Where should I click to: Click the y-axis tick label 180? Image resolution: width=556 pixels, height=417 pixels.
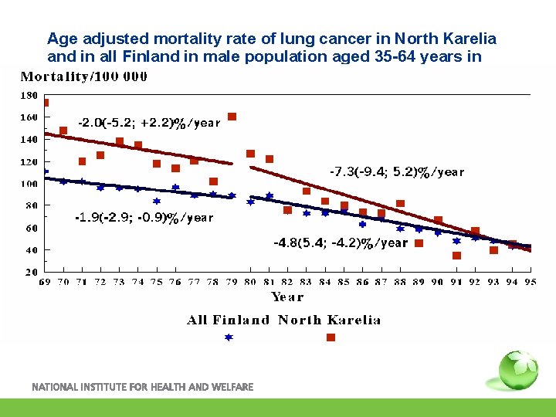pos(28,95)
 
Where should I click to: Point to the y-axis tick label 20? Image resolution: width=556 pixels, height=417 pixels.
pos(31,272)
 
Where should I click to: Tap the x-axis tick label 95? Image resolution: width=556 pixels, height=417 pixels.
pos(530,282)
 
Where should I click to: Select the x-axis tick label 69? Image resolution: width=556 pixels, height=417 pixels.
pos(46,282)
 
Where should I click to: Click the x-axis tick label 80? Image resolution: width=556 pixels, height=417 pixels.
pos(251,282)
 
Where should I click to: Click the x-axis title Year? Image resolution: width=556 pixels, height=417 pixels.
pos(287,297)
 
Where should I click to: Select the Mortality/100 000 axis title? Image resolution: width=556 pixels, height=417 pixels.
pos(83,76)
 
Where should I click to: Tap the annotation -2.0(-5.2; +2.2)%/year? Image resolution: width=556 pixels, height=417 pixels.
pos(149,123)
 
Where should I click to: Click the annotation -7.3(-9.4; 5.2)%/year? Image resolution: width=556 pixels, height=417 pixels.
pos(396,171)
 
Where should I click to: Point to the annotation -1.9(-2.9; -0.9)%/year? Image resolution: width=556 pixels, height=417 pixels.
pos(144,218)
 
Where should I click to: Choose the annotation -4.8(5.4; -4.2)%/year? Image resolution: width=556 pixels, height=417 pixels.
pos(341,242)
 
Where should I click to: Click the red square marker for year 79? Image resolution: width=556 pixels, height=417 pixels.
pos(232,117)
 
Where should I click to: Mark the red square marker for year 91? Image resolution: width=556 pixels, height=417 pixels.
pos(456,255)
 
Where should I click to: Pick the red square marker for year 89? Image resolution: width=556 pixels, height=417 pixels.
pos(419,242)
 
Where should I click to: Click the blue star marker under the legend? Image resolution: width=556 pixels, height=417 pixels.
pos(229,337)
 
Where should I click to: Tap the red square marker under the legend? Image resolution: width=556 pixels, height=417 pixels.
pos(331,337)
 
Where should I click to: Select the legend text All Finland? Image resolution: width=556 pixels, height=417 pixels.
pos(228,320)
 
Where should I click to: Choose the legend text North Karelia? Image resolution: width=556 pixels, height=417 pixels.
pos(329,320)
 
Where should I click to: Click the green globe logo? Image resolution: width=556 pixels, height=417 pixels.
pos(517,371)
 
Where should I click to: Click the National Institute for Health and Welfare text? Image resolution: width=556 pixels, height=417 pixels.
pos(142,386)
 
